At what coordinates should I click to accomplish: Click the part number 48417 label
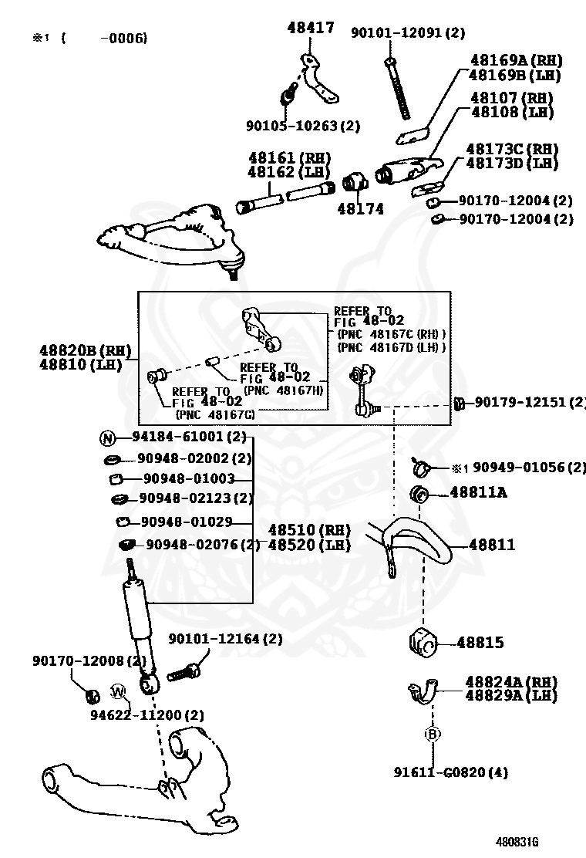click(311, 29)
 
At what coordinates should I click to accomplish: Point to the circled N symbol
click(107, 438)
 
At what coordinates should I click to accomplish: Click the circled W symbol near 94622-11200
click(119, 690)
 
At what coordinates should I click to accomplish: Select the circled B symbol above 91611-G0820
click(433, 735)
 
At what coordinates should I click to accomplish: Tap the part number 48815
click(480, 642)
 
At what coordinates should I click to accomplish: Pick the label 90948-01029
click(186, 522)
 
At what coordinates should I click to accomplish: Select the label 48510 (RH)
click(309, 530)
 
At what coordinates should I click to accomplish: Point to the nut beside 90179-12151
click(458, 403)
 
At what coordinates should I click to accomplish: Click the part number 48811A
click(478, 491)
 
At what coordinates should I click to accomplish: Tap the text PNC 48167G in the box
click(215, 414)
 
